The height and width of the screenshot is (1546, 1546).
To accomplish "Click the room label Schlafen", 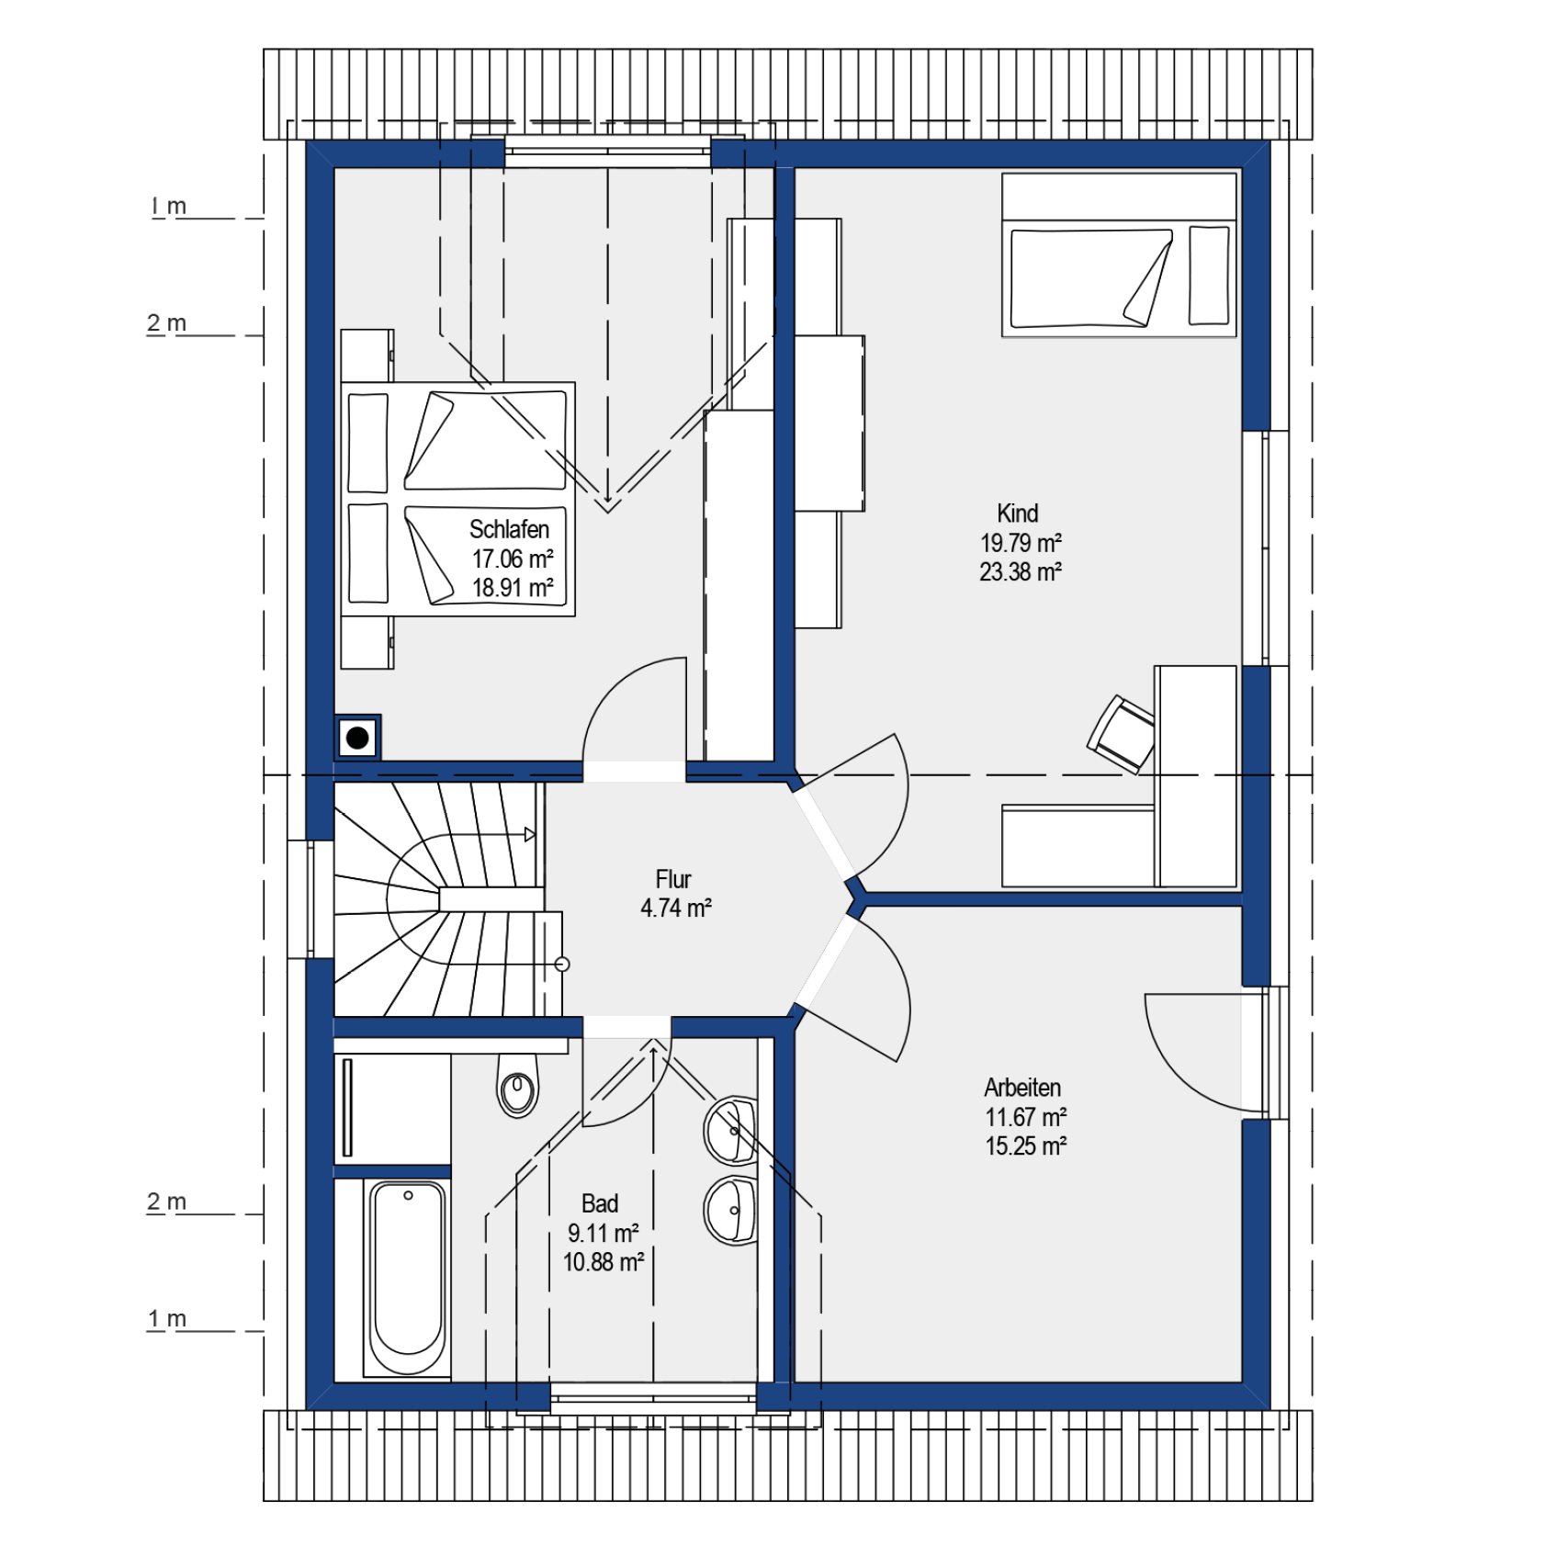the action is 509,529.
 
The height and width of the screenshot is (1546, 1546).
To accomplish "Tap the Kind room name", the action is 1018,513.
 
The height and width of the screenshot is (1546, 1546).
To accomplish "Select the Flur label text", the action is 673,879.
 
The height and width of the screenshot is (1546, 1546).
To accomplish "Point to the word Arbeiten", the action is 1022,1088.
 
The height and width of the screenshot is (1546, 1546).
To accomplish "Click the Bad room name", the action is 600,1203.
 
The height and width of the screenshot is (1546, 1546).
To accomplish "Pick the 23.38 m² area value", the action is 1021,572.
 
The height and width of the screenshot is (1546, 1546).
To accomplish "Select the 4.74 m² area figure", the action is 676,908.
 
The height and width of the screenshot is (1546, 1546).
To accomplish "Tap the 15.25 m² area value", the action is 1026,1146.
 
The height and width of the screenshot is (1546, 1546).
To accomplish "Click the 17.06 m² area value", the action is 513,559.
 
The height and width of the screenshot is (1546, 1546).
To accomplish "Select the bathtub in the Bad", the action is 408,1278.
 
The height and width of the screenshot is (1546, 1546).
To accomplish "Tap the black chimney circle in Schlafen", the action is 357,737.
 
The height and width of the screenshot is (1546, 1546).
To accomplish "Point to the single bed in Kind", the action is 1119,254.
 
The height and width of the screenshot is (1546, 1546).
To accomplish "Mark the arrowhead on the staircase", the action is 530,834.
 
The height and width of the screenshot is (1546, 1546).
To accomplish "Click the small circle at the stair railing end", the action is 563,965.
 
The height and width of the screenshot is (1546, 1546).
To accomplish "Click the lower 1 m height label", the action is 167,1319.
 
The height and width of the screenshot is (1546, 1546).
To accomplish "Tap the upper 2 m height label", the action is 166,323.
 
